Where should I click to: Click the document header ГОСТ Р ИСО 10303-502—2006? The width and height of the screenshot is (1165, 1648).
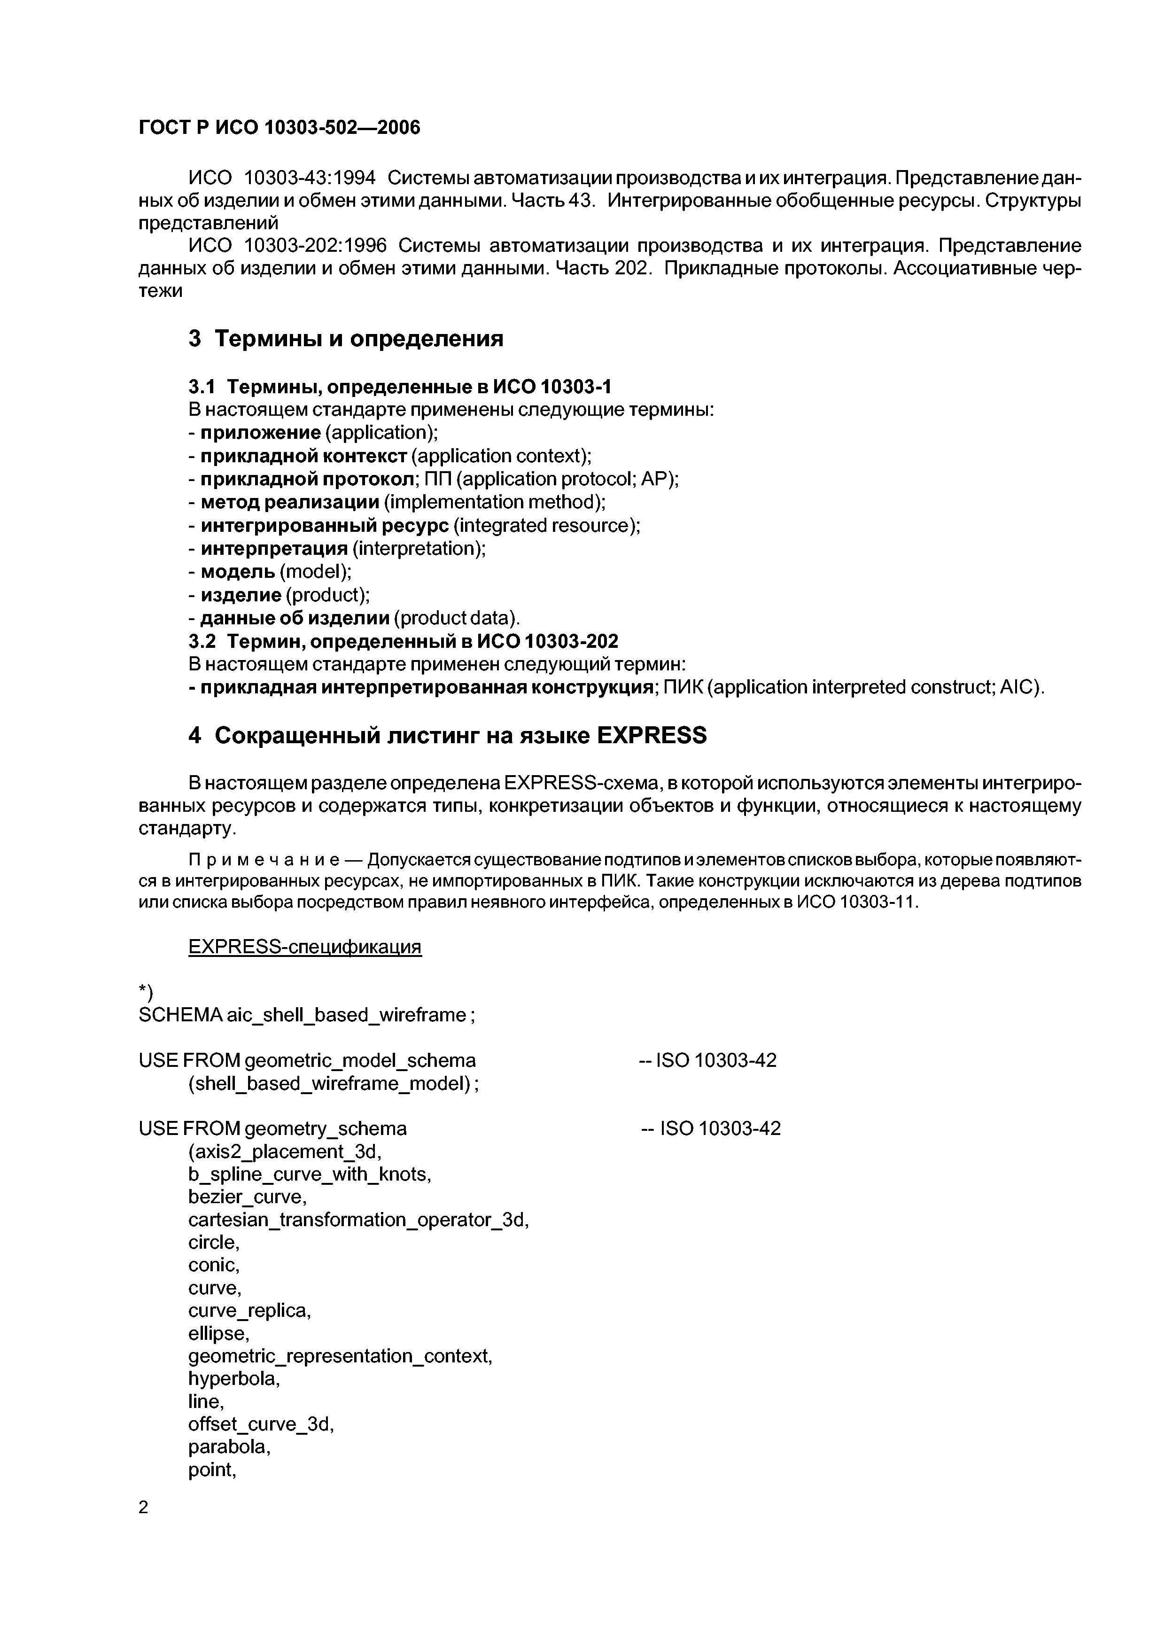point(279,128)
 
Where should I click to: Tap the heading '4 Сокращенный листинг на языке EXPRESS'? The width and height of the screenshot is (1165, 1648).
point(447,735)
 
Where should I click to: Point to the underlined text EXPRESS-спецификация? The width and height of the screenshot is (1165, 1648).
point(304,947)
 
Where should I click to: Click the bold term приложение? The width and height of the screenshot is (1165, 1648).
point(260,433)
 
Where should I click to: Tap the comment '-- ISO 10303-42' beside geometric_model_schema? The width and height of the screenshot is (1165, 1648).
point(707,1060)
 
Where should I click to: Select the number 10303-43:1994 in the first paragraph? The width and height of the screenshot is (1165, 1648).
point(310,177)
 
